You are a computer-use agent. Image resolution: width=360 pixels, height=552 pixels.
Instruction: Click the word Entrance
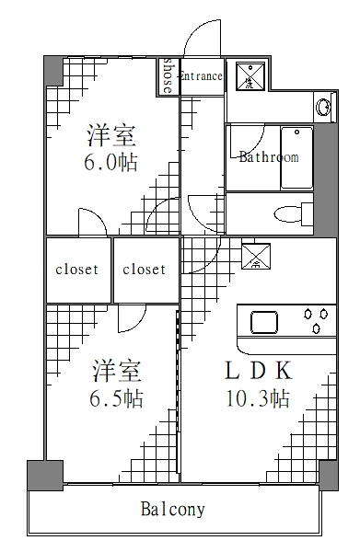201,76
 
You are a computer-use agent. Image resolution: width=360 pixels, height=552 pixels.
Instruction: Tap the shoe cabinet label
168,76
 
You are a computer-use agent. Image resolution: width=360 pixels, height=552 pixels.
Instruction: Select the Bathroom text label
268,157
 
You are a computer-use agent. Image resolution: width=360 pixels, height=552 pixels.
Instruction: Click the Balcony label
173,509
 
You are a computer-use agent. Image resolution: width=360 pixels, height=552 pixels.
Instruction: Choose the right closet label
145,270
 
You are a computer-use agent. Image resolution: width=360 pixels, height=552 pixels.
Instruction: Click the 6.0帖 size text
111,163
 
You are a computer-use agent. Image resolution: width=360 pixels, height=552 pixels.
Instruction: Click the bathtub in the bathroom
296,157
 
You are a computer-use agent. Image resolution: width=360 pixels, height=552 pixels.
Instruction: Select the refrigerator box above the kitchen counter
255,256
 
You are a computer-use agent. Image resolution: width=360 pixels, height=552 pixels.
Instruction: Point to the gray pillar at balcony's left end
38,475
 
